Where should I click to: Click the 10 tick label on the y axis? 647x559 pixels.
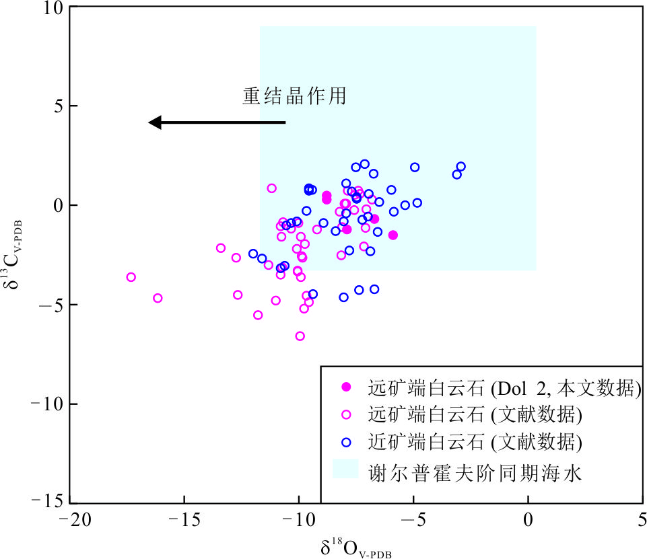(x=50, y=8)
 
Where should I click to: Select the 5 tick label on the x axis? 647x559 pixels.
(x=642, y=520)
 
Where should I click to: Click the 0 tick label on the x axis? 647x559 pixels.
(x=528, y=520)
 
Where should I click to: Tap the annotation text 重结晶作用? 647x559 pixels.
(x=294, y=96)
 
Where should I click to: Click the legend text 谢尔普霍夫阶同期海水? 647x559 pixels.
(x=474, y=472)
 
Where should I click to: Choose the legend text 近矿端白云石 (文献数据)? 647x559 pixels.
(x=475, y=443)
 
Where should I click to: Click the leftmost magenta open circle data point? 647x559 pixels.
(x=131, y=277)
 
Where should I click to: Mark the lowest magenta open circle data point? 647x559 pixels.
(x=300, y=336)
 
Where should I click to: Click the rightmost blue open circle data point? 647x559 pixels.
(x=461, y=167)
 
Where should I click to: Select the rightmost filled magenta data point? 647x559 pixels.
(x=393, y=235)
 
